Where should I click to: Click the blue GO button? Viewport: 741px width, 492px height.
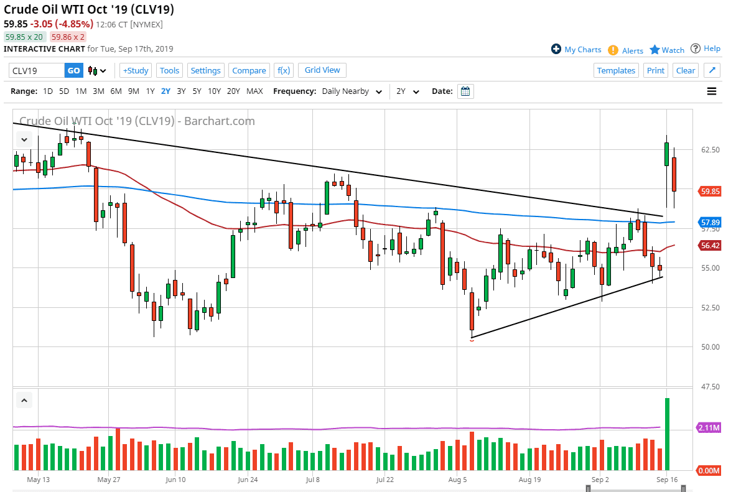[x=73, y=70]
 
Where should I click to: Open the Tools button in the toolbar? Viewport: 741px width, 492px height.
[x=169, y=70]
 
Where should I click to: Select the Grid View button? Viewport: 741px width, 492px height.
[x=322, y=70]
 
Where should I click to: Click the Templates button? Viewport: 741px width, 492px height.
[x=616, y=70]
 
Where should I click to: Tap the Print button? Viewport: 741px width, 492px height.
[x=656, y=70]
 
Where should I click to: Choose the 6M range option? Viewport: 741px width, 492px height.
[x=116, y=91]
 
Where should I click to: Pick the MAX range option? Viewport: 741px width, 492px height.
[x=254, y=91]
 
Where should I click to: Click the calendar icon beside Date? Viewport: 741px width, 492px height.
[x=465, y=91]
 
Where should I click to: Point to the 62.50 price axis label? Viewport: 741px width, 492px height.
[x=710, y=150]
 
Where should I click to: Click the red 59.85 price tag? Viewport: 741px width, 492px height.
[x=710, y=192]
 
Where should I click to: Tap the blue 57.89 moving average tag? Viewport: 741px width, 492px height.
[x=710, y=222]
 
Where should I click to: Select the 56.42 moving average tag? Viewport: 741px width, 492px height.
[x=710, y=246]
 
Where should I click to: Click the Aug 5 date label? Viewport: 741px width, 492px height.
[x=457, y=480]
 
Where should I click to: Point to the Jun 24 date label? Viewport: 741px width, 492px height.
[x=248, y=480]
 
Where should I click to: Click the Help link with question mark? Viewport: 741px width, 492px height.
[x=706, y=49]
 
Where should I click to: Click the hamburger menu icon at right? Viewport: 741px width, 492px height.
[x=712, y=91]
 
